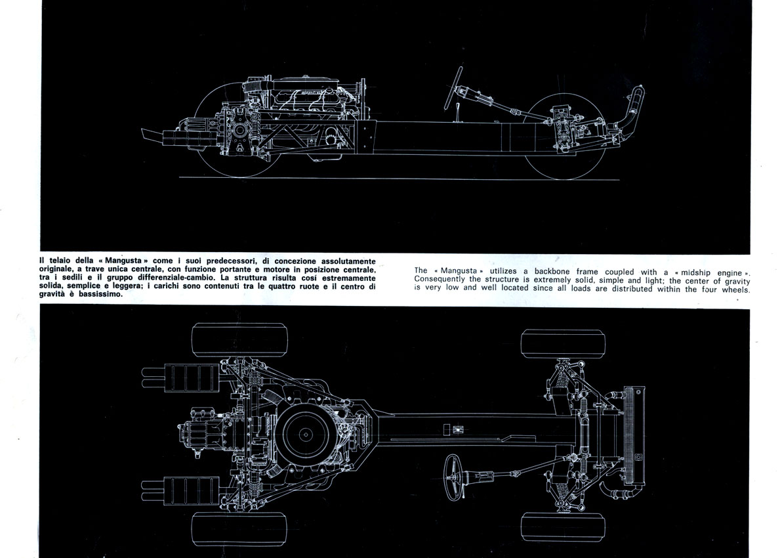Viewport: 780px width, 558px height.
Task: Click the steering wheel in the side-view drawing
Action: point(453,88)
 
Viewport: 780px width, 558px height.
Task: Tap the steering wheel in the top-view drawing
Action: point(453,477)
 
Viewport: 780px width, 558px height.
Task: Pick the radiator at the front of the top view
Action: point(634,436)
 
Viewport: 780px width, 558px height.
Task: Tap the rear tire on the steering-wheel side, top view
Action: point(239,528)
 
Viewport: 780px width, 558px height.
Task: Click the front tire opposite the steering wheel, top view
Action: point(563,343)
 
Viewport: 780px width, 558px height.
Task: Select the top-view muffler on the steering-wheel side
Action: point(192,490)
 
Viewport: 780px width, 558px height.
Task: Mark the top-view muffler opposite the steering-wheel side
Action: point(192,377)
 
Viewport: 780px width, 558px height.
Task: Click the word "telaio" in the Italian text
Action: point(60,261)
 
